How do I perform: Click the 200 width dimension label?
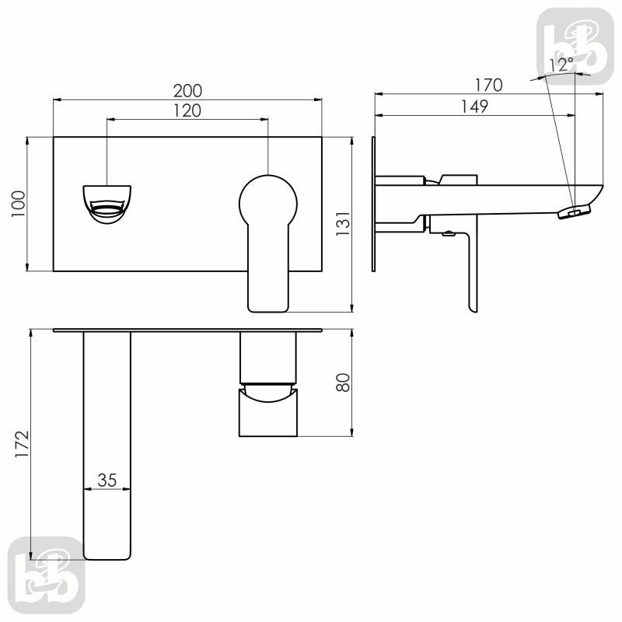coord(187,91)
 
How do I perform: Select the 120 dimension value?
coord(187,110)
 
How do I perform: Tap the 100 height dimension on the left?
coord(18,204)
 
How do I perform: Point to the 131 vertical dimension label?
coord(343,224)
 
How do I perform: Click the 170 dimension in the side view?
coord(489,86)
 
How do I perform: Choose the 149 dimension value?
coord(474,107)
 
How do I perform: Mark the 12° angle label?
coord(561,65)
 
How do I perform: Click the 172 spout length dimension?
coord(22,444)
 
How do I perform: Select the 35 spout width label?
coord(107,480)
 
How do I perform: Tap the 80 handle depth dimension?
coord(343,383)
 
